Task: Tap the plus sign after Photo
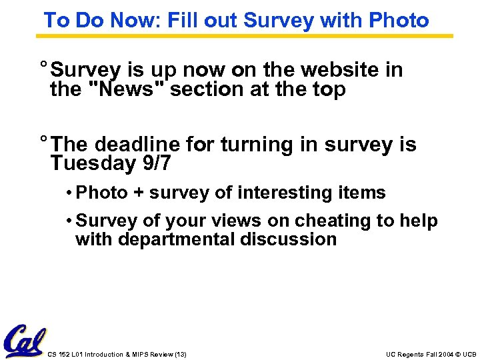(138, 193)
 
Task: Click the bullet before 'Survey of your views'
(69, 221)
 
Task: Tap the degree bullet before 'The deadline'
(43, 141)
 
